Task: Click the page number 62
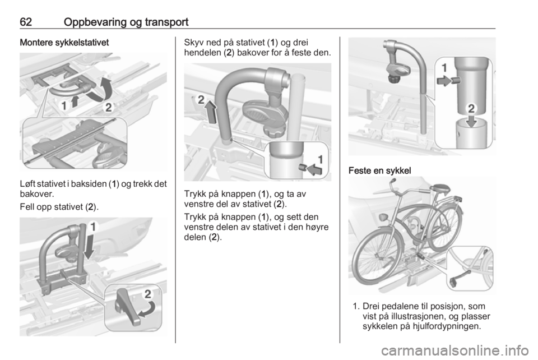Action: click(26, 22)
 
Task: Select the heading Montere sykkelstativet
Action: click(64, 43)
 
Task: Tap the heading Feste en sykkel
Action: click(379, 170)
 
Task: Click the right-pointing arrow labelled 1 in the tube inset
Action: click(444, 81)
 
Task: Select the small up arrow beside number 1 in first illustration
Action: click(75, 102)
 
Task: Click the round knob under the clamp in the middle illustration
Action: click(273, 130)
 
